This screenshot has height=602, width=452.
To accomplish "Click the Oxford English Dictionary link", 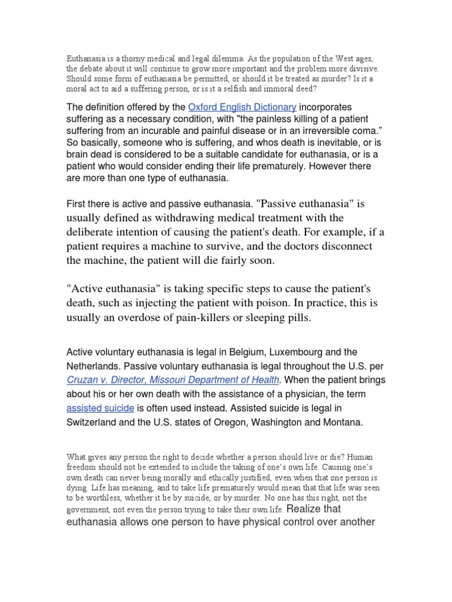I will pyautogui.click(x=242, y=107).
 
